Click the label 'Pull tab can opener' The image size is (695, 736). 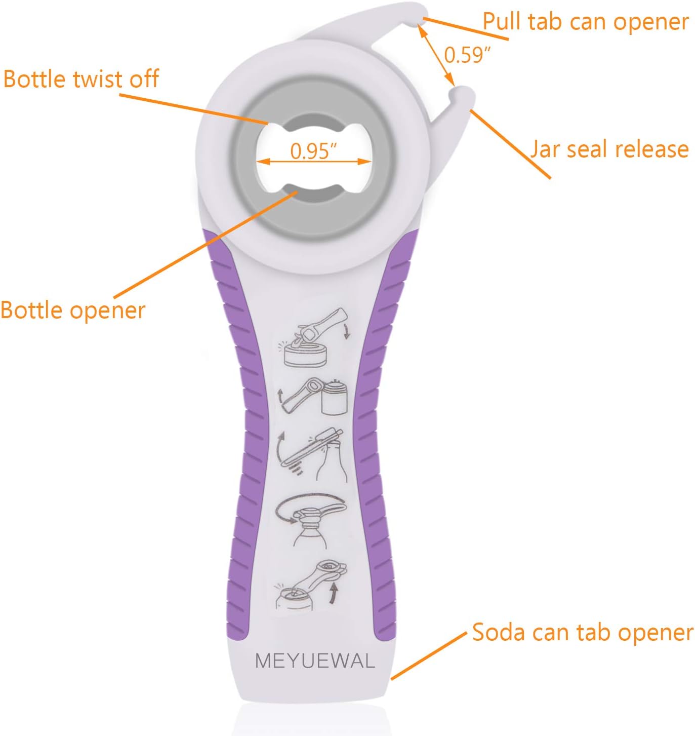[x=585, y=22]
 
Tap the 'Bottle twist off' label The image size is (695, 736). [x=81, y=80]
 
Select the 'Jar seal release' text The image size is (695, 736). [x=609, y=149]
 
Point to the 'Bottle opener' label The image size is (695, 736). [x=73, y=310]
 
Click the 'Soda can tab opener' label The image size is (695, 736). [x=582, y=633]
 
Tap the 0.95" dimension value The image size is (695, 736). [x=313, y=150]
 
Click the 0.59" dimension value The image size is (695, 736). [x=467, y=55]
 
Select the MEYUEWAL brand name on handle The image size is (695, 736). [x=315, y=661]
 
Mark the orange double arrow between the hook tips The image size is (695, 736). [x=436, y=55]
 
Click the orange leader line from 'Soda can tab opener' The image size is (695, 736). [x=428, y=656]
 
